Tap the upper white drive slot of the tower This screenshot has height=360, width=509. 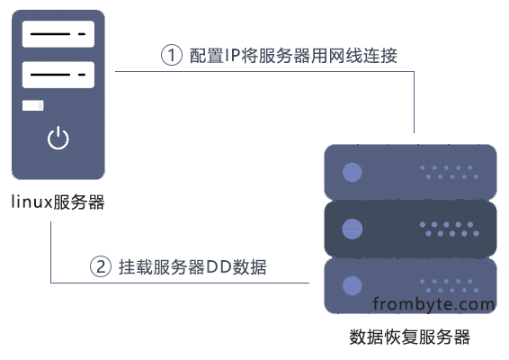point(58,34)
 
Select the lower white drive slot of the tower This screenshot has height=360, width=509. point(58,75)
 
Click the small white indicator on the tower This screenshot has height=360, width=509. point(32,105)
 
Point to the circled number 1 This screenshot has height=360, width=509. point(172,55)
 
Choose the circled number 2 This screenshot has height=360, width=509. point(101,266)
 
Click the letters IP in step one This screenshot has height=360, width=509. point(232,56)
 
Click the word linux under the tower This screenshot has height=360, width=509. point(31,202)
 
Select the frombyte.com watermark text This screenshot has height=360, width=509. point(433,304)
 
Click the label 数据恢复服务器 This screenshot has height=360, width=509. point(410,337)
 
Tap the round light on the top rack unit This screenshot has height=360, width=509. point(353,172)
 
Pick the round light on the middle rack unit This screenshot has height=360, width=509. point(353,229)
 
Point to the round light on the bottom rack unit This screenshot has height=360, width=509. point(353,285)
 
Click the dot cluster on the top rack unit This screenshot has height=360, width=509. point(450,172)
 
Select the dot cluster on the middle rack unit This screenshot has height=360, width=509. point(450,229)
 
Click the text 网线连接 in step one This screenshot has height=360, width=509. point(363,56)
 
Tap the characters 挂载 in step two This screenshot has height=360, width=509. point(135,267)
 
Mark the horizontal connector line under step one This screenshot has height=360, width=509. point(264,71)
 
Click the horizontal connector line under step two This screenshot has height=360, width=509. point(180,283)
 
